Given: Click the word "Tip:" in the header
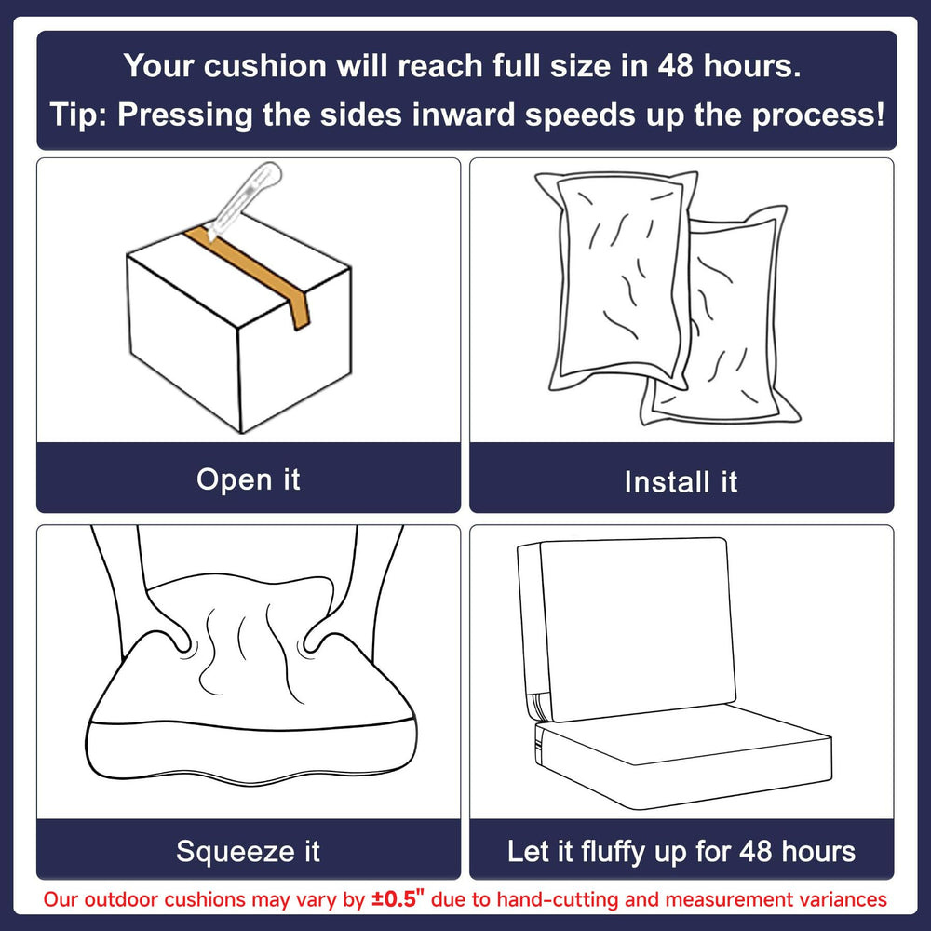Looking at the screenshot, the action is [78, 114].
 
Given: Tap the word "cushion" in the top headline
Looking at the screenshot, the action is [265, 65].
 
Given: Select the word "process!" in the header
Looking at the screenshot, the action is [818, 115].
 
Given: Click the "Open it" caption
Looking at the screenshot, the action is [249, 479].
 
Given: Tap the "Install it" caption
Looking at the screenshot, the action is [681, 481].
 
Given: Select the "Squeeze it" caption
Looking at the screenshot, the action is [249, 851].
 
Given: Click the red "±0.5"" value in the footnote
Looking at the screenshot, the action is [398, 898].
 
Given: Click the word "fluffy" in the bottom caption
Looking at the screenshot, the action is [614, 852].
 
